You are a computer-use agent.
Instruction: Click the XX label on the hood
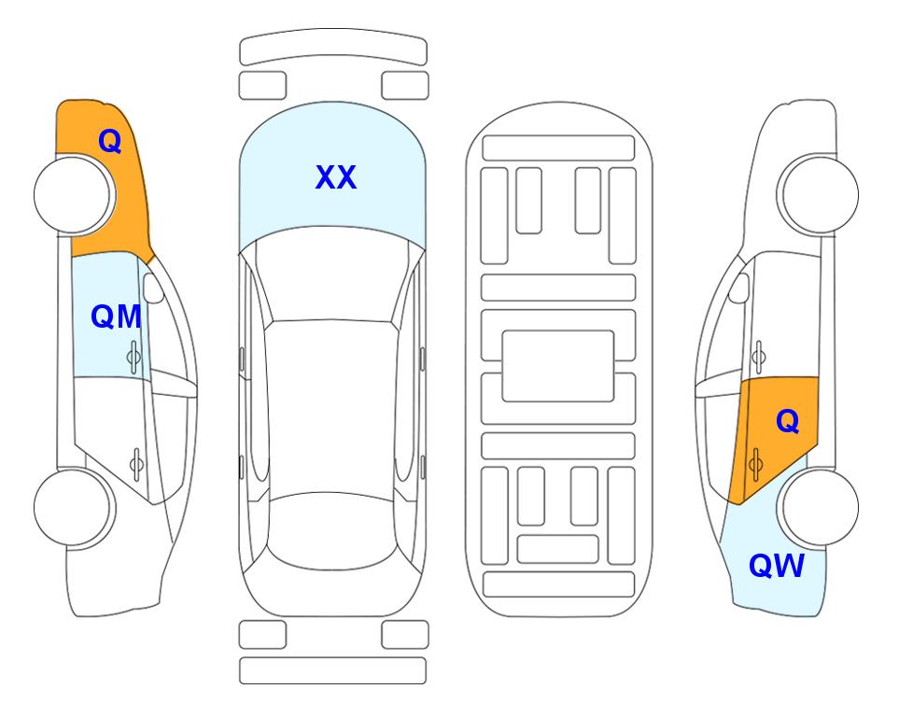[x=336, y=177]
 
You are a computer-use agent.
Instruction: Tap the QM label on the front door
[x=117, y=317]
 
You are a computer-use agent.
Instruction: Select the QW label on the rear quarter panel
[x=777, y=566]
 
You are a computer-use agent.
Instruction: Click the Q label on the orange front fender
[x=110, y=141]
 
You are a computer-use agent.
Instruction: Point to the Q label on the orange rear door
[x=788, y=422]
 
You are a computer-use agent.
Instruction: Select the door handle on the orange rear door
[x=755, y=464]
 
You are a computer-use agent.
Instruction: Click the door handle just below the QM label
[x=133, y=357]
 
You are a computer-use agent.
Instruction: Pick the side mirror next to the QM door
[x=154, y=288]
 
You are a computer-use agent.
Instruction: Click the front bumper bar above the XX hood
[x=333, y=48]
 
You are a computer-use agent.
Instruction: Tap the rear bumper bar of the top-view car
[x=332, y=670]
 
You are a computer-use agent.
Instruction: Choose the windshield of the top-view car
[x=332, y=274]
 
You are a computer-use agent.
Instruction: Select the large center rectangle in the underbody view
[x=558, y=366]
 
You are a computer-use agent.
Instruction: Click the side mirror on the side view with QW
[x=739, y=288]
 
